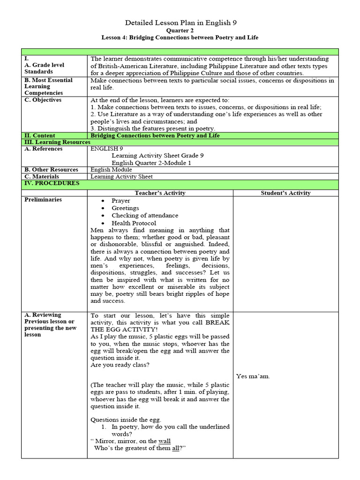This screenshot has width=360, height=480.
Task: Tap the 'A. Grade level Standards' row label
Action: coord(45,68)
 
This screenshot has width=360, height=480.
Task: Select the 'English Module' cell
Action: coord(111,169)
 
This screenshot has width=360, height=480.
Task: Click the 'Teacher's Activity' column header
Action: coord(160,193)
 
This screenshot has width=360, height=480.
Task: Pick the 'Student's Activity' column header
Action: coord(285,193)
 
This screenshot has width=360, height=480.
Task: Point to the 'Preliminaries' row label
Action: coord(43,200)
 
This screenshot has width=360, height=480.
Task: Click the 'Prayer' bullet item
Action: coord(121,201)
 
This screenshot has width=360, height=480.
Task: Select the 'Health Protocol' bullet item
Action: coord(134,223)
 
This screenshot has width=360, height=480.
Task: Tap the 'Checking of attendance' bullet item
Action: coord(145,216)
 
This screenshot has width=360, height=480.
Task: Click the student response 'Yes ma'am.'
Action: coord(253,376)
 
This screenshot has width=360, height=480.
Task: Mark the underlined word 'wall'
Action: coord(164,441)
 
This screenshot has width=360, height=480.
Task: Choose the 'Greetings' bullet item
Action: coord(125,208)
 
